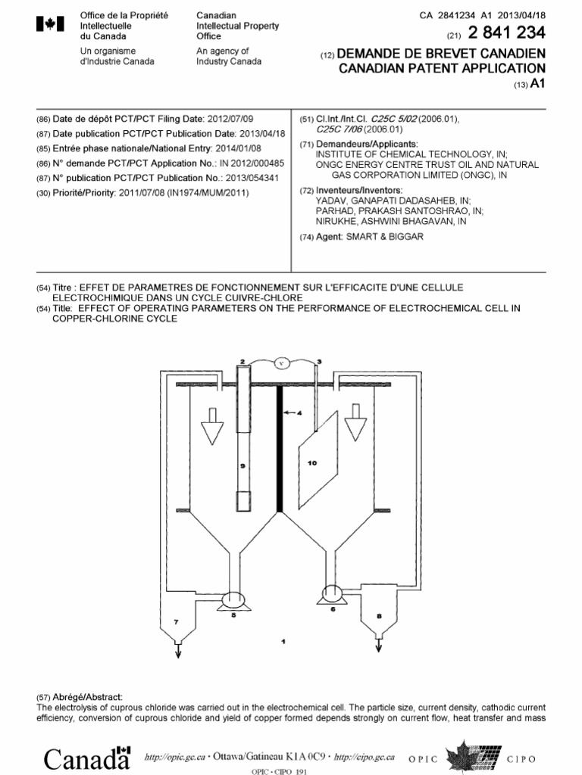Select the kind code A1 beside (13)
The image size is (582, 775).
[538, 84]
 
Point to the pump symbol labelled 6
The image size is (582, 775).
[332, 595]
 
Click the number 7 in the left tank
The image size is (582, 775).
[177, 621]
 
